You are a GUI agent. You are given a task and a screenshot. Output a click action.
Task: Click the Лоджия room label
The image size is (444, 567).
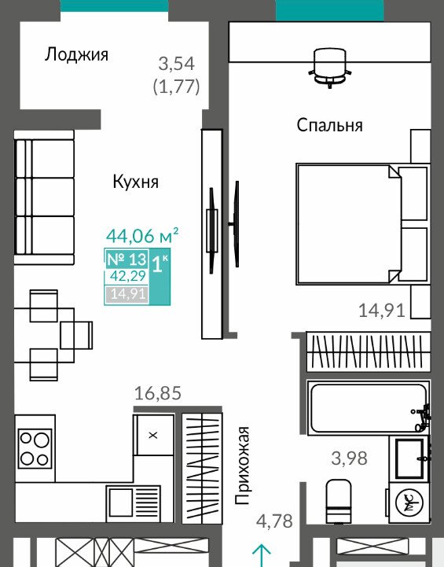(76, 55)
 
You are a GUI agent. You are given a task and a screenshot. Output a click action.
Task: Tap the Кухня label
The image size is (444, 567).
(135, 182)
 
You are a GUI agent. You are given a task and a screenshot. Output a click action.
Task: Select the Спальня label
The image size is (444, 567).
(329, 126)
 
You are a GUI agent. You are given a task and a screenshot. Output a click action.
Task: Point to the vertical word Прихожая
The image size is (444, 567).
(242, 466)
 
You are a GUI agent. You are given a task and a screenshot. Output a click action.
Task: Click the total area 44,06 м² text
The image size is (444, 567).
(142, 235)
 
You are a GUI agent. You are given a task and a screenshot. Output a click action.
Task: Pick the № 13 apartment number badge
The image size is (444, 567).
(127, 259)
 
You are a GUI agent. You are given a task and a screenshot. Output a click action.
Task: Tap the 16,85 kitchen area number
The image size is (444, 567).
(157, 393)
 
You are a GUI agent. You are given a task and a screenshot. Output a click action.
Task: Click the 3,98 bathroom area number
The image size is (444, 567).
(350, 458)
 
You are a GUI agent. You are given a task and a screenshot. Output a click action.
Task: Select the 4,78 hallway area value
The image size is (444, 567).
(274, 521)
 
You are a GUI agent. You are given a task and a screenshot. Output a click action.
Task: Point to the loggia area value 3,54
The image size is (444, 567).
(177, 64)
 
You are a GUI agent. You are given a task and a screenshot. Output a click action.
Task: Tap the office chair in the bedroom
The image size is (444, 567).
(330, 68)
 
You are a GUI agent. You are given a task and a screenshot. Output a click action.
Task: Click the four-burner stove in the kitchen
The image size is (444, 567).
(35, 449)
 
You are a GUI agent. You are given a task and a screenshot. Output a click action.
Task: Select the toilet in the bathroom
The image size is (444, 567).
(339, 501)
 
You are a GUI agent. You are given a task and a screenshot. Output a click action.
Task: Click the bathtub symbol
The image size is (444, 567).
(368, 407)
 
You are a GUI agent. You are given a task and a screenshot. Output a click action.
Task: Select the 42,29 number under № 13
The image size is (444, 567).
(128, 276)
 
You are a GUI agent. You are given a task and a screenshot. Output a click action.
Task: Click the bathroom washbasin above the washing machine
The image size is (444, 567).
(409, 458)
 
